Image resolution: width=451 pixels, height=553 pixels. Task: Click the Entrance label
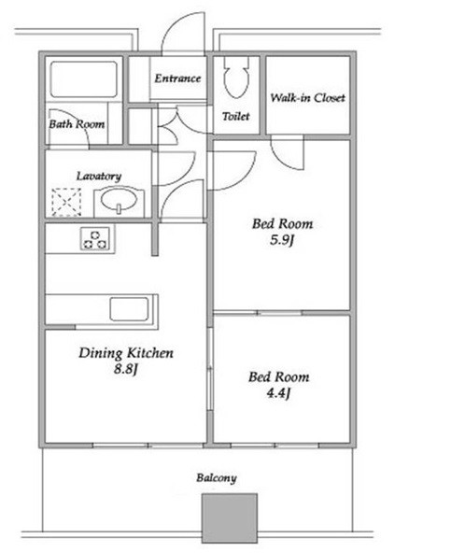177,78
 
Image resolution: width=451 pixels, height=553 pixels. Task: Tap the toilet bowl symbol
236,78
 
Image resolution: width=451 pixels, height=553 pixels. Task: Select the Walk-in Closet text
307,98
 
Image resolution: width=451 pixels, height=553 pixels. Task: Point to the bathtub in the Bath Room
84,79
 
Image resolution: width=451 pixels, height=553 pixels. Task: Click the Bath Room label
77,124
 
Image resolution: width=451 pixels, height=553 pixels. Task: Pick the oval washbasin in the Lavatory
119,200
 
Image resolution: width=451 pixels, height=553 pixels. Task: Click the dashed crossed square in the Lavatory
66,202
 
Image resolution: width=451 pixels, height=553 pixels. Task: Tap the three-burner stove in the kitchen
95,239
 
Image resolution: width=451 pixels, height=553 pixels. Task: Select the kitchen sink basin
129,309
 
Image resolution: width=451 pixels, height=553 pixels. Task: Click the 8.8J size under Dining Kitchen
125,370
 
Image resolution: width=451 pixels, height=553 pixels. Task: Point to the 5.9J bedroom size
282,240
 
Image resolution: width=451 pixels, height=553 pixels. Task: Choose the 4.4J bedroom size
278,393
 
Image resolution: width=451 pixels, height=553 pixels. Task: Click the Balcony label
217,478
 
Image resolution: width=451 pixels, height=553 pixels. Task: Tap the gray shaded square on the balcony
230,518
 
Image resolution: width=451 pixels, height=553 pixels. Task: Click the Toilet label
236,116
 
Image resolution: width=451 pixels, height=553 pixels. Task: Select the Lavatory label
99,176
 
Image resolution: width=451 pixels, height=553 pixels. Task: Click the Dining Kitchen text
126,353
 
